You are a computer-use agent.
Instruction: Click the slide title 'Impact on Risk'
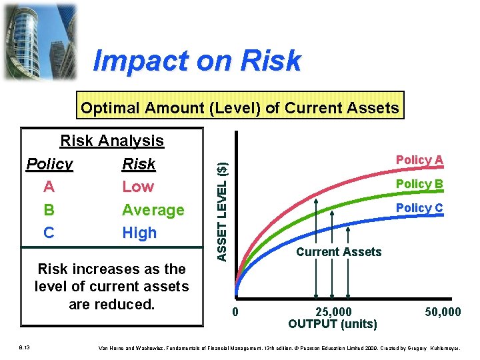tap(197, 61)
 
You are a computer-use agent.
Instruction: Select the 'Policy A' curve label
tap(419, 160)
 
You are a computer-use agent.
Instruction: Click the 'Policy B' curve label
tap(419, 184)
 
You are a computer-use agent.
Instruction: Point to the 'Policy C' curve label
tap(419, 208)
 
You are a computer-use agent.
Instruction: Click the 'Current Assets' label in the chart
tap(339, 252)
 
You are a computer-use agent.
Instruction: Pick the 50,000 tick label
tap(443, 312)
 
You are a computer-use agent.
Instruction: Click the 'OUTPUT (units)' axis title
tap(332, 324)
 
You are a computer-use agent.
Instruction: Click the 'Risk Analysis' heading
tap(112, 141)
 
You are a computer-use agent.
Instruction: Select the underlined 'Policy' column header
tap(49, 164)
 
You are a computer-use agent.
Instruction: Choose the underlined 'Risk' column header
tap(139, 164)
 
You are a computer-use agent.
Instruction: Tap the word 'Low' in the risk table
tap(138, 187)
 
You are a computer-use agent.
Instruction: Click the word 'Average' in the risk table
tap(153, 210)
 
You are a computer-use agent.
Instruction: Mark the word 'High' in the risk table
tap(139, 233)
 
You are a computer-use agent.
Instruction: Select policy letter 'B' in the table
tap(49, 210)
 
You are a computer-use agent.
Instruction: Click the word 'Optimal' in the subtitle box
tap(111, 108)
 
